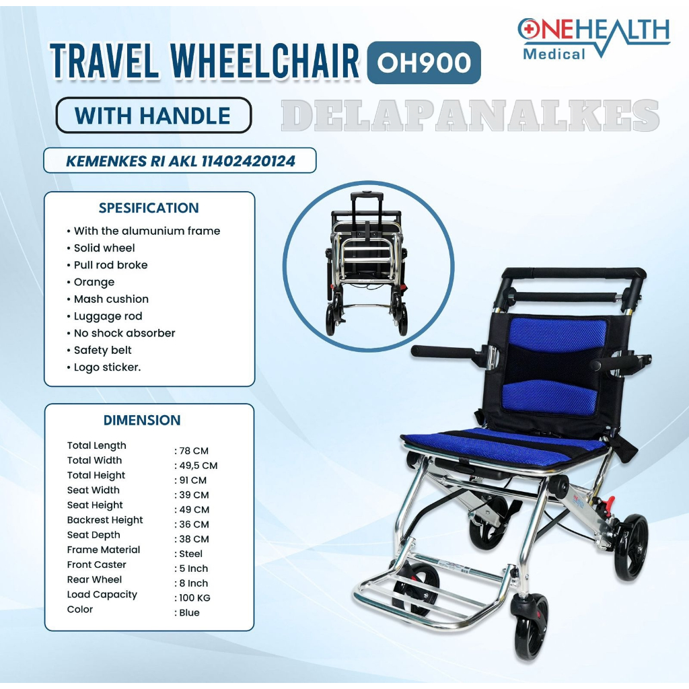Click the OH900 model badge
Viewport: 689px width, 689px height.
tap(424, 63)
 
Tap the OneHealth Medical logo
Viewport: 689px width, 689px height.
tap(593, 38)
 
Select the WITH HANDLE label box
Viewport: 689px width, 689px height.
tap(153, 115)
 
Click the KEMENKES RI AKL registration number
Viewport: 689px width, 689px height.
tap(180, 161)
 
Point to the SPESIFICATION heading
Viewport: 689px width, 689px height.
tap(149, 208)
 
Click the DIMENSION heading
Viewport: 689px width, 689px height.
tap(142, 420)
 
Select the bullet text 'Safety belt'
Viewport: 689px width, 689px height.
tap(102, 350)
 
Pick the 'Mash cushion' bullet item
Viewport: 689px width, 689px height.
tap(111, 299)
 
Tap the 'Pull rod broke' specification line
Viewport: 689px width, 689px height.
tap(110, 265)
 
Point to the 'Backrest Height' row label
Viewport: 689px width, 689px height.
tap(105, 520)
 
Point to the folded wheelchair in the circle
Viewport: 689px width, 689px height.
tap(368, 263)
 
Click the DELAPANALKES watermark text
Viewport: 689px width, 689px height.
tap(470, 115)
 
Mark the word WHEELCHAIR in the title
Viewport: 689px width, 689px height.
tap(264, 61)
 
